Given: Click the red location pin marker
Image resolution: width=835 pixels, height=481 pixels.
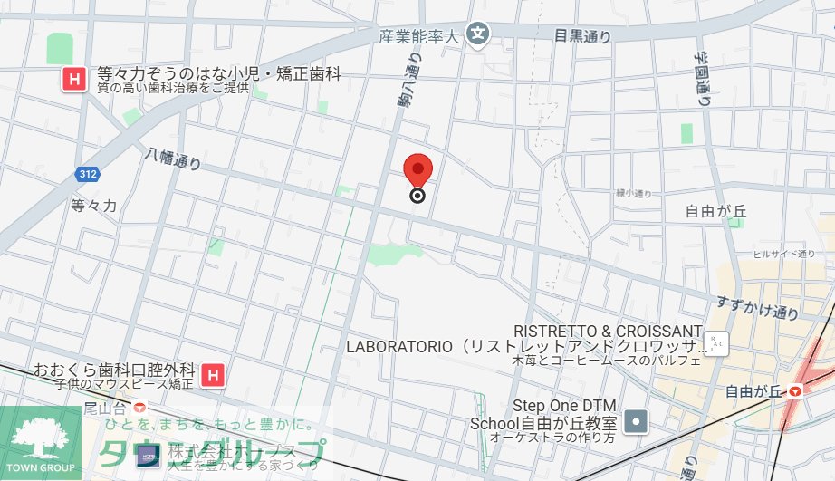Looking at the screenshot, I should point(417,169).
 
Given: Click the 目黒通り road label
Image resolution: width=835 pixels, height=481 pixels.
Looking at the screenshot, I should point(582,36).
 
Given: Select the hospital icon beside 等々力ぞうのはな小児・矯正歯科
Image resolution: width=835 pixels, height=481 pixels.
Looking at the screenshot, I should point(73,80).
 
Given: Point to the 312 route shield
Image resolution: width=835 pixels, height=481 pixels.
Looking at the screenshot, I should point(88,173).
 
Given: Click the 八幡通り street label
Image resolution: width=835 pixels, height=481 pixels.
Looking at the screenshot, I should point(173,162).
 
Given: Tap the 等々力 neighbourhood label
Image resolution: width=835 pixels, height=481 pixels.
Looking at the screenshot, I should point(94,206).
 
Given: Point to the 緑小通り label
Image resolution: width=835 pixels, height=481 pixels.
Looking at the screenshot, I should point(634,193).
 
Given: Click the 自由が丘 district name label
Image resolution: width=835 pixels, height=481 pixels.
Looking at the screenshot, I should point(715,212).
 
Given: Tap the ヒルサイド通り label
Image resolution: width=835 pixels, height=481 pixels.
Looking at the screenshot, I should point(772,255).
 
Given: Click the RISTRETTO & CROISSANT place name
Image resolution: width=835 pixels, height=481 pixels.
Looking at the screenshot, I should point(608,331).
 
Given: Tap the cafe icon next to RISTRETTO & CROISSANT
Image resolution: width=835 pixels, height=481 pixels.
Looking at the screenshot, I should point(716,344).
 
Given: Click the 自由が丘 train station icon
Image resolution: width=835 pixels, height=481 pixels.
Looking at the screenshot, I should point(795,391).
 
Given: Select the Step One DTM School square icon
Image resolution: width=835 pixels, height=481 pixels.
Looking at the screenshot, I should point(638,421).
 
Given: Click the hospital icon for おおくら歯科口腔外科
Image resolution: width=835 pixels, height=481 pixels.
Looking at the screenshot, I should point(214,373).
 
